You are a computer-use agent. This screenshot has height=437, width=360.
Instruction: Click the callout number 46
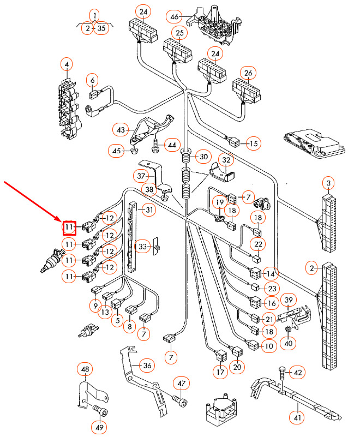click(175, 17)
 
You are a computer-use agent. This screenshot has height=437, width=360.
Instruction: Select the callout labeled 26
click(248, 73)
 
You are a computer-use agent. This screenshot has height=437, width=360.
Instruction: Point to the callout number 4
click(67, 66)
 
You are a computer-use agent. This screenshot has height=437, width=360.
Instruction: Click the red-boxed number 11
click(69, 227)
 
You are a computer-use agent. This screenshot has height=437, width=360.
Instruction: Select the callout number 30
click(202, 157)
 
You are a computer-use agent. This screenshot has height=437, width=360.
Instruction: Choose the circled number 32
click(225, 159)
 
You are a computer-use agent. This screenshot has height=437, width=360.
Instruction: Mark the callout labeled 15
click(254, 144)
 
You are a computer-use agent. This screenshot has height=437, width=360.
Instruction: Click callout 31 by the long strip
click(149, 210)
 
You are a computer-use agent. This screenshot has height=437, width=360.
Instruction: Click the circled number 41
click(297, 418)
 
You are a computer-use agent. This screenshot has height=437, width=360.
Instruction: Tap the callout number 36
click(146, 365)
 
